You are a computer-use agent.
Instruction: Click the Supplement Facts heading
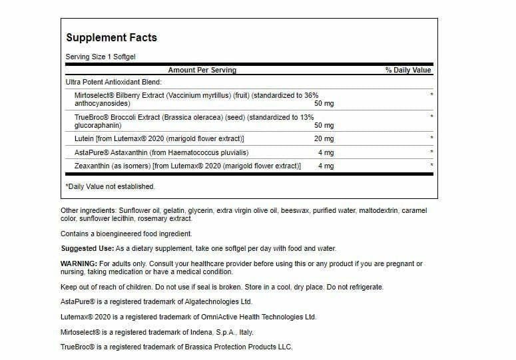[x=111, y=37]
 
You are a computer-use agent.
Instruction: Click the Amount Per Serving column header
[x=202, y=70]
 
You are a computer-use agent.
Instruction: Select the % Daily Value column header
[x=407, y=70]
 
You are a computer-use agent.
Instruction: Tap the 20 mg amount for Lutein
[x=325, y=138]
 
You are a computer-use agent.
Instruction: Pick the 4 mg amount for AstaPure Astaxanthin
[x=326, y=152]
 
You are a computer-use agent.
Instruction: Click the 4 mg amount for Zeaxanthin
[x=326, y=166]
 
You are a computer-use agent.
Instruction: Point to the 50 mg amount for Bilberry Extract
[x=324, y=104]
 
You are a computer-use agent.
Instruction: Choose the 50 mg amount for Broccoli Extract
[x=324, y=125]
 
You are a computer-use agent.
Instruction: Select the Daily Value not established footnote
[x=110, y=186]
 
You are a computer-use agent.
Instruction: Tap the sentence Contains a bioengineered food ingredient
[x=126, y=234]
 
